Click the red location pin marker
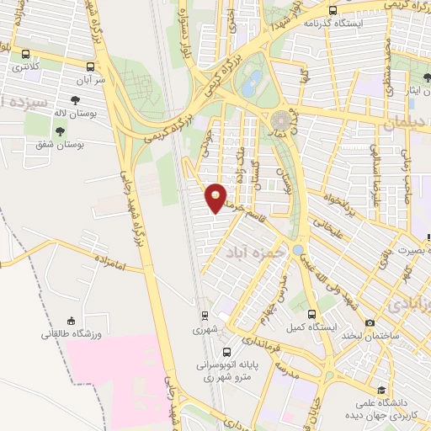216,198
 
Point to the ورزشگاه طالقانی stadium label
72,334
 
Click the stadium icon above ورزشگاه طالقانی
71,320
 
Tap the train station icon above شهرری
205,316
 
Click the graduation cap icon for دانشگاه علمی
382,390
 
